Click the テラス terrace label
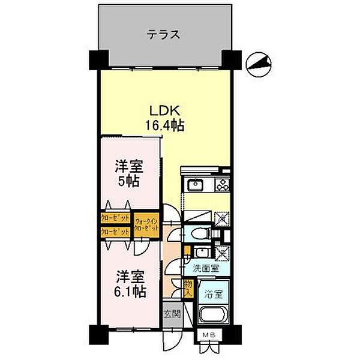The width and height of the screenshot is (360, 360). (163, 34)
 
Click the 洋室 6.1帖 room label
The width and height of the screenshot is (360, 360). (130, 284)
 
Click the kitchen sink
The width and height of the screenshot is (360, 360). (196, 184)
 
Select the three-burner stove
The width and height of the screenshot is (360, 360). (223, 182)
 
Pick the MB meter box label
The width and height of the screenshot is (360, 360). (208, 335)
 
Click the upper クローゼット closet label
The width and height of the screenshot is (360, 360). (116, 218)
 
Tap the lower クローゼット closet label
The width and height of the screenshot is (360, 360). (116, 231)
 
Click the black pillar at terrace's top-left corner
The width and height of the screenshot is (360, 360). (97, 58)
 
